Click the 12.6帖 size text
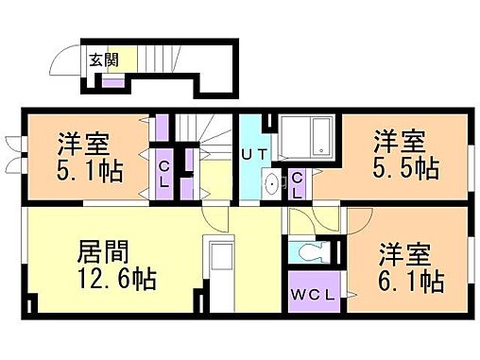click(115, 280)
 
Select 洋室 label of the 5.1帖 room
click(84, 145)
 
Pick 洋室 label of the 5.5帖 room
click(398, 141)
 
